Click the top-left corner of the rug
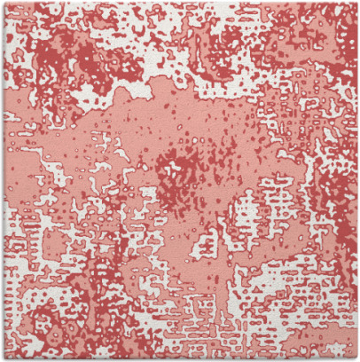click(3, 3)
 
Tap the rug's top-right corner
click(356, 3)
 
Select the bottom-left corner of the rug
click(3, 358)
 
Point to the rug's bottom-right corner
click(356, 358)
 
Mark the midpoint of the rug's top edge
click(180, 3)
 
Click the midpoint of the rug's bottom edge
click(180, 358)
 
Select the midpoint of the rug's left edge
click(3, 181)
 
